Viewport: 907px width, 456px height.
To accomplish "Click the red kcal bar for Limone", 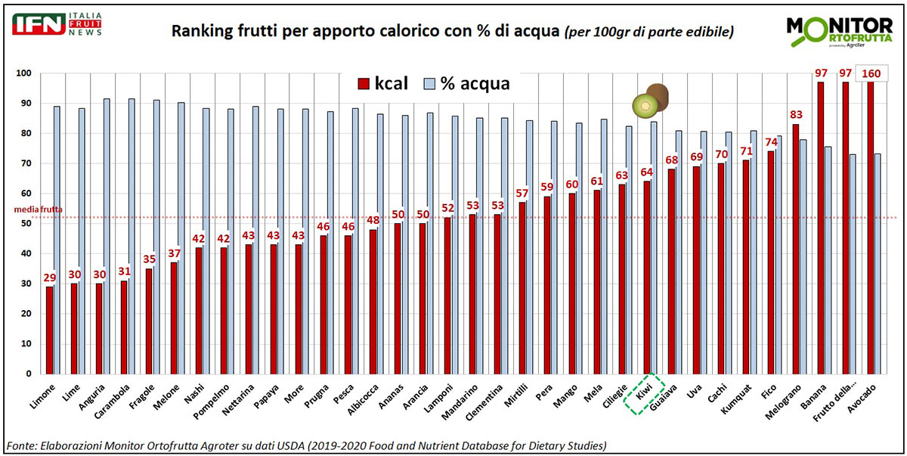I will [x=50, y=330].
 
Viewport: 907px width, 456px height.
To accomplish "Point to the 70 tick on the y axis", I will [x=24, y=163].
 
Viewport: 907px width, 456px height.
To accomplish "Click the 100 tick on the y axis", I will [x=23, y=73].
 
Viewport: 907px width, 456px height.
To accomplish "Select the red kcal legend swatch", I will [x=363, y=83].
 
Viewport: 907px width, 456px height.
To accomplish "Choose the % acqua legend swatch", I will [x=429, y=83].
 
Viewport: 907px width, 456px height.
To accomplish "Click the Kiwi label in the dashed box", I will [x=643, y=395].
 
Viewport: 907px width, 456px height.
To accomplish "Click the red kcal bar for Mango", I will [x=572, y=283].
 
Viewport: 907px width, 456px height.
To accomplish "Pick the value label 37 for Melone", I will [x=174, y=253].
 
